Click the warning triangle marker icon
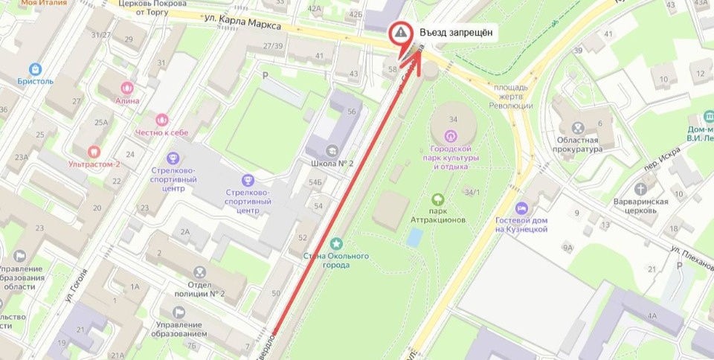coord(401,33)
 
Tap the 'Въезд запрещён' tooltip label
coord(454,33)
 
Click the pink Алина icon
coord(126,88)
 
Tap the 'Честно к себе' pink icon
coord(162,119)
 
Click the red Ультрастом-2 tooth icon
coord(93,151)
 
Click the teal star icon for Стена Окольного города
coord(337,243)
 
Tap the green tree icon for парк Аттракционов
coord(439,199)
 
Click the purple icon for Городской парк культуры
coord(449,135)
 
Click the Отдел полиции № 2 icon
coord(199,273)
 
